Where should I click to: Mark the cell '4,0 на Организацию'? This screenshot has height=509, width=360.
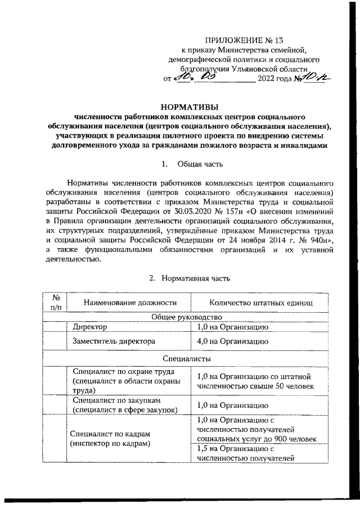click(232, 341)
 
